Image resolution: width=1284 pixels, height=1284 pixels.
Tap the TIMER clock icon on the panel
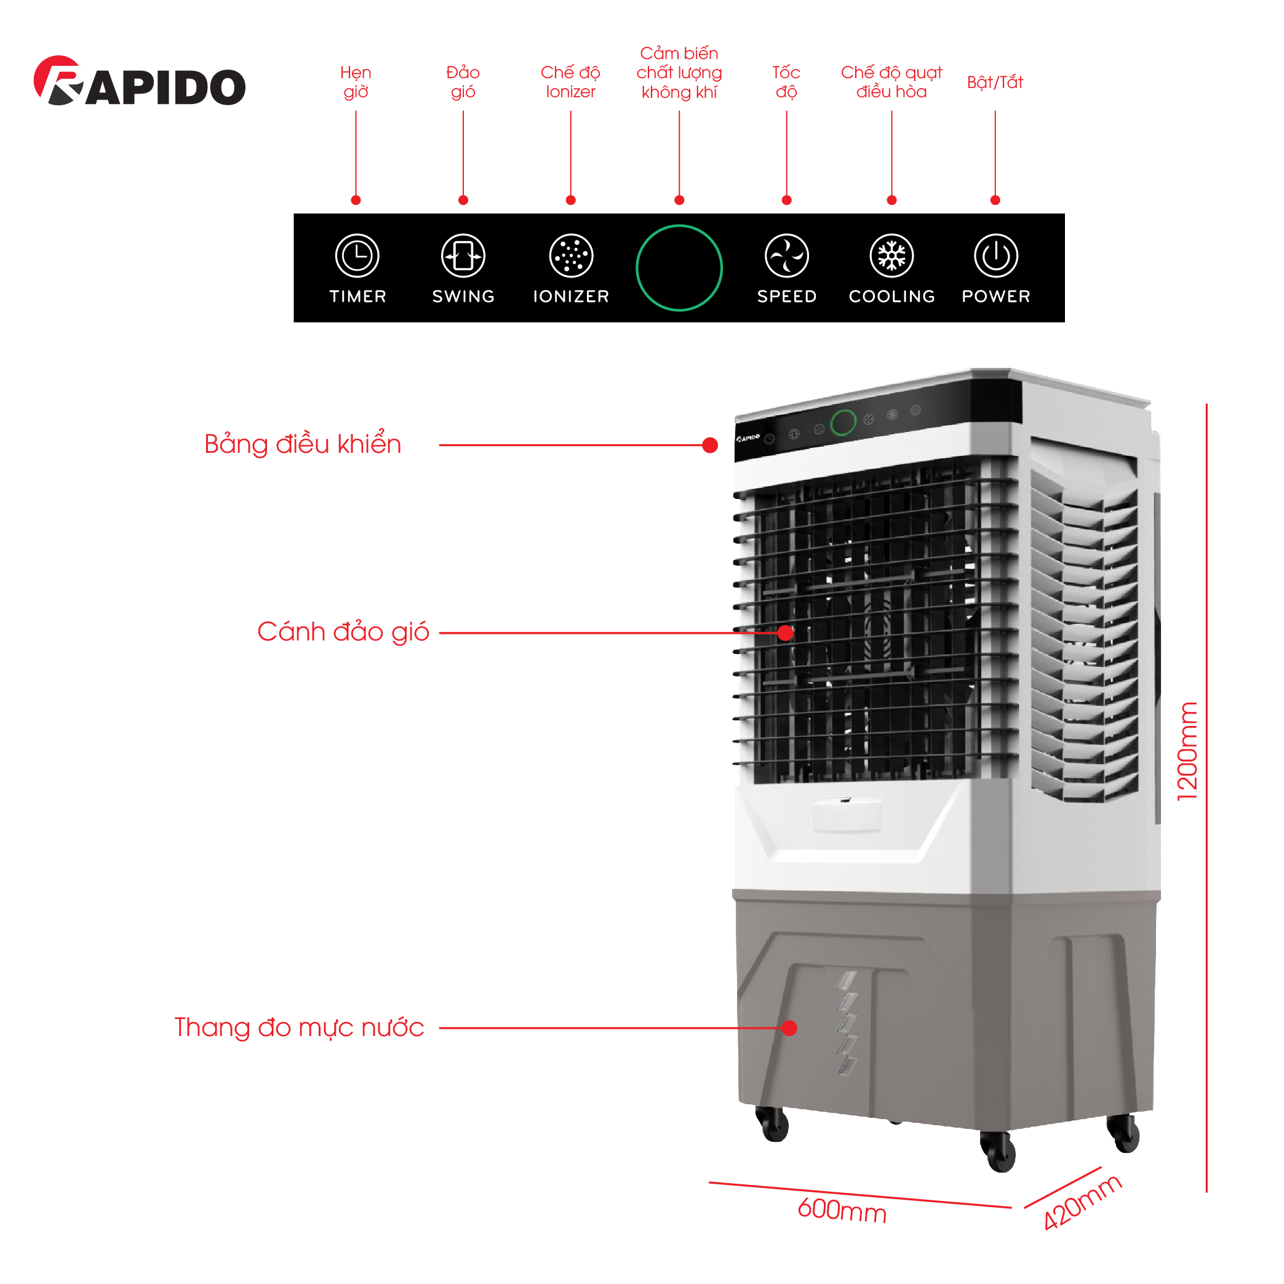(x=357, y=255)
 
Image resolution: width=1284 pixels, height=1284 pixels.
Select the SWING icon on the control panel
(x=463, y=255)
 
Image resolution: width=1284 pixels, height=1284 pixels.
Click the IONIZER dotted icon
(x=570, y=255)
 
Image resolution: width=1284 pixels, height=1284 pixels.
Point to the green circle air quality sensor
(x=679, y=268)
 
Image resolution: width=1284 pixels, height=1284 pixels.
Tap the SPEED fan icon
(x=786, y=255)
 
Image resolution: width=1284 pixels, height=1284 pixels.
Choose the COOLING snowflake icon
(x=891, y=255)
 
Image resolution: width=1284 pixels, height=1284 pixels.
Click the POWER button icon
(x=995, y=255)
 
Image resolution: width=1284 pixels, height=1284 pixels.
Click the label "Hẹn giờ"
(x=356, y=82)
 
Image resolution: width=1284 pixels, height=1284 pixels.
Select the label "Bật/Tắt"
(x=995, y=82)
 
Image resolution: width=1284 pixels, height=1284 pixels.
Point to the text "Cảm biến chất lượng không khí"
(x=679, y=73)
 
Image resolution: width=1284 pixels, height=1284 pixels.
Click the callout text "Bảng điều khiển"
(x=303, y=444)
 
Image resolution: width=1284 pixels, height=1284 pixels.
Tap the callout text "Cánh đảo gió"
(x=343, y=631)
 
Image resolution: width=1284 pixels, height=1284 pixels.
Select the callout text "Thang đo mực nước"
(x=299, y=1027)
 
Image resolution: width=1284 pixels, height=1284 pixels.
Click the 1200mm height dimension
(x=1187, y=751)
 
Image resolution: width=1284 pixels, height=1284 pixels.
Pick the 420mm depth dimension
(x=1082, y=1203)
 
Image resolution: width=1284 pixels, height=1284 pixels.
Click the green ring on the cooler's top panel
(x=843, y=423)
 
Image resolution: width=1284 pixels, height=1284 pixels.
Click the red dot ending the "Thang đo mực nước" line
(x=789, y=1028)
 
